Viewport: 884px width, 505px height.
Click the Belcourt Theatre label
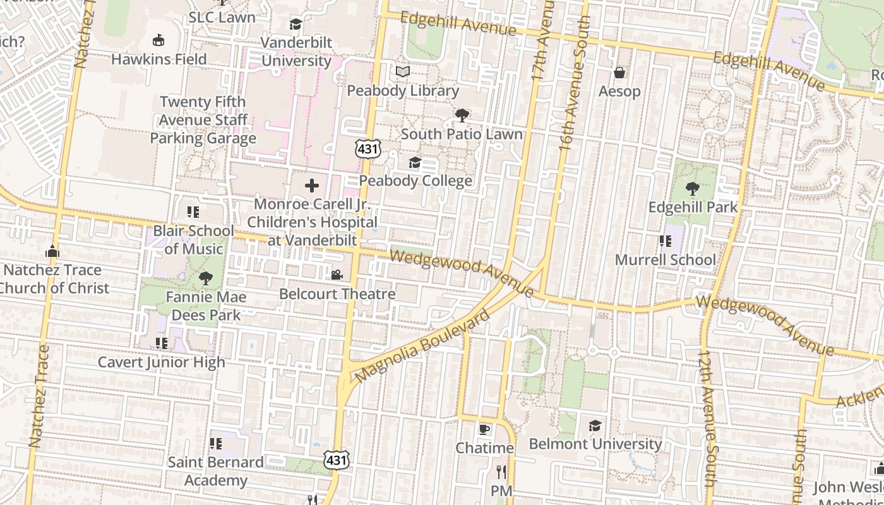[337, 294]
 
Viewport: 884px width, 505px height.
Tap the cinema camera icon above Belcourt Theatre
[337, 275]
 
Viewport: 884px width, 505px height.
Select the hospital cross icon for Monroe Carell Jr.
[312, 186]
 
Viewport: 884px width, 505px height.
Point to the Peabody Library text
[403, 91]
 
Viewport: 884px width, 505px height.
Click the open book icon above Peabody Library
[403, 71]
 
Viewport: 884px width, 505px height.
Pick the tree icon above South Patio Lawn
[462, 115]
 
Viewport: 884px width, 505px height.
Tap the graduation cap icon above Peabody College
[415, 162]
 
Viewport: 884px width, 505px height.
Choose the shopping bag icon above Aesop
[619, 72]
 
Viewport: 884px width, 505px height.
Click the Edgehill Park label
[693, 207]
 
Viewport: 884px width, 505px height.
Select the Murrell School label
[666, 260]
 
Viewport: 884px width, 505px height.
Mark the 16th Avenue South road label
[575, 82]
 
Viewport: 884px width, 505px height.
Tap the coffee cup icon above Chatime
[484, 429]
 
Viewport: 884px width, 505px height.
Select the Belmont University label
[595, 444]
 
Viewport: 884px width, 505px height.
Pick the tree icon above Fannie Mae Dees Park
[205, 278]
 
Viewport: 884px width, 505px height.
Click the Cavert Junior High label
[161, 362]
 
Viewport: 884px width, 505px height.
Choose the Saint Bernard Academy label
[215, 472]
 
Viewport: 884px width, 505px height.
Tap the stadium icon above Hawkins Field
[158, 40]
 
